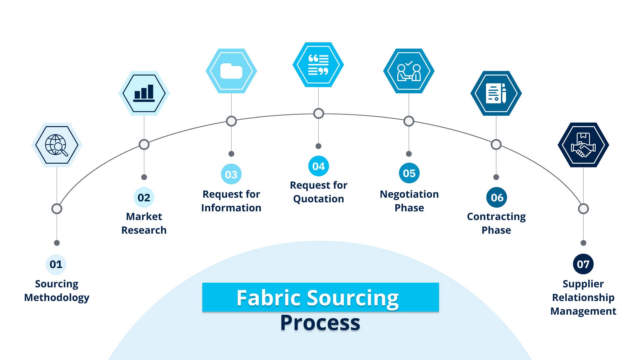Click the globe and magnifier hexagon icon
(57, 145)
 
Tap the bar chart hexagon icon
(144, 93)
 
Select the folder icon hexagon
(231, 71)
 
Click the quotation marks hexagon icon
(318, 65)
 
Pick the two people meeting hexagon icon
(409, 71)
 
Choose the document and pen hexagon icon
(496, 93)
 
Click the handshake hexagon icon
(583, 145)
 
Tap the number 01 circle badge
(56, 264)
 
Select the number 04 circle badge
(318, 166)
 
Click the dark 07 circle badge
(583, 264)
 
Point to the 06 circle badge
(497, 197)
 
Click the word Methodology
(57, 297)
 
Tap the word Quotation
(318, 199)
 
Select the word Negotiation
(409, 194)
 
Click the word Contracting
(496, 217)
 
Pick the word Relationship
(583, 297)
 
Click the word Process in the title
(320, 323)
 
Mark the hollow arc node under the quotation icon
(319, 113)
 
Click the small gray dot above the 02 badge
(144, 177)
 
